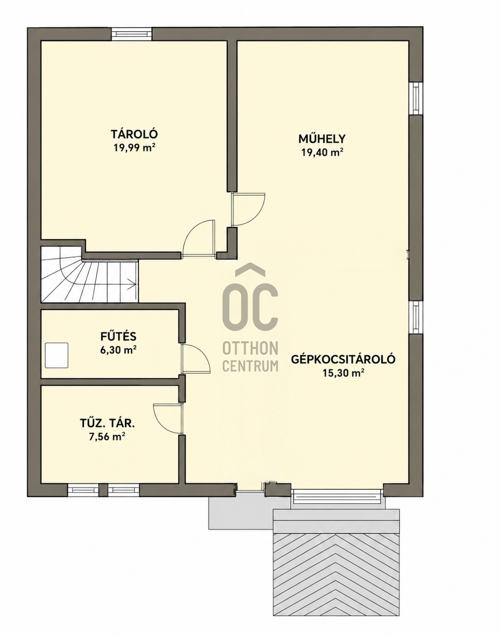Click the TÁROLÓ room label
click(134, 134)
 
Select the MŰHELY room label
click(322, 138)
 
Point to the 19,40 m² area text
click(322, 152)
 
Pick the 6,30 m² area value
click(118, 350)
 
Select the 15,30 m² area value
click(343, 373)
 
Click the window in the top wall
click(132, 34)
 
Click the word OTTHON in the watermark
click(250, 349)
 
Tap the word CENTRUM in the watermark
click(250, 366)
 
